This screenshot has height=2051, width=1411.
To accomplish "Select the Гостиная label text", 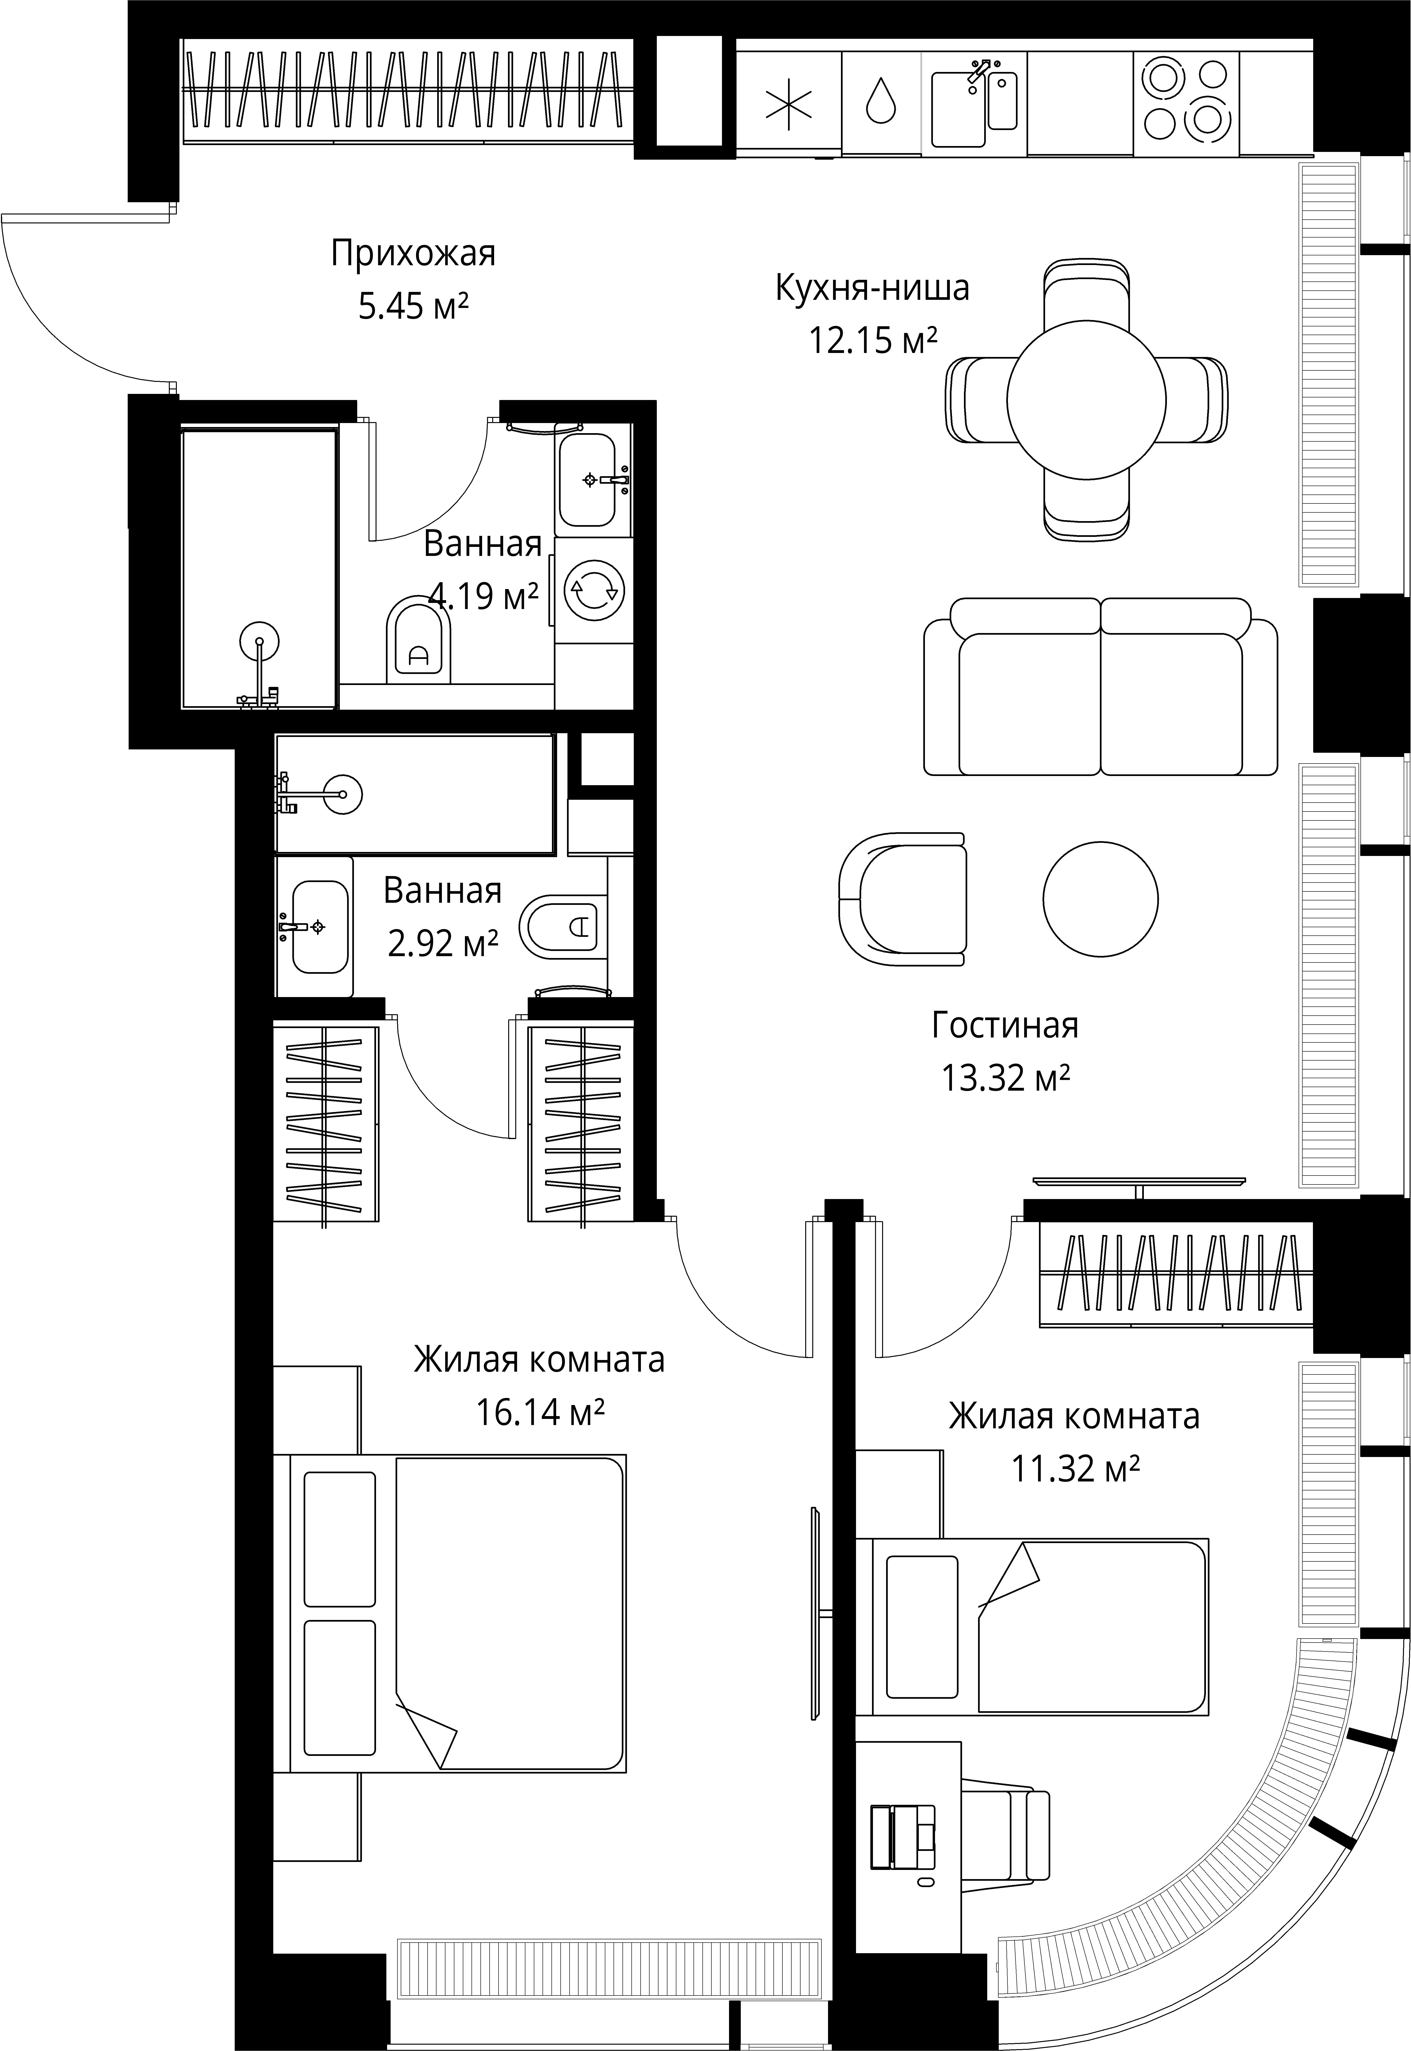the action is [1005, 1025].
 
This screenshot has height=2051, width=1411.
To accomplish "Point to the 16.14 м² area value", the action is [540, 1412].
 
